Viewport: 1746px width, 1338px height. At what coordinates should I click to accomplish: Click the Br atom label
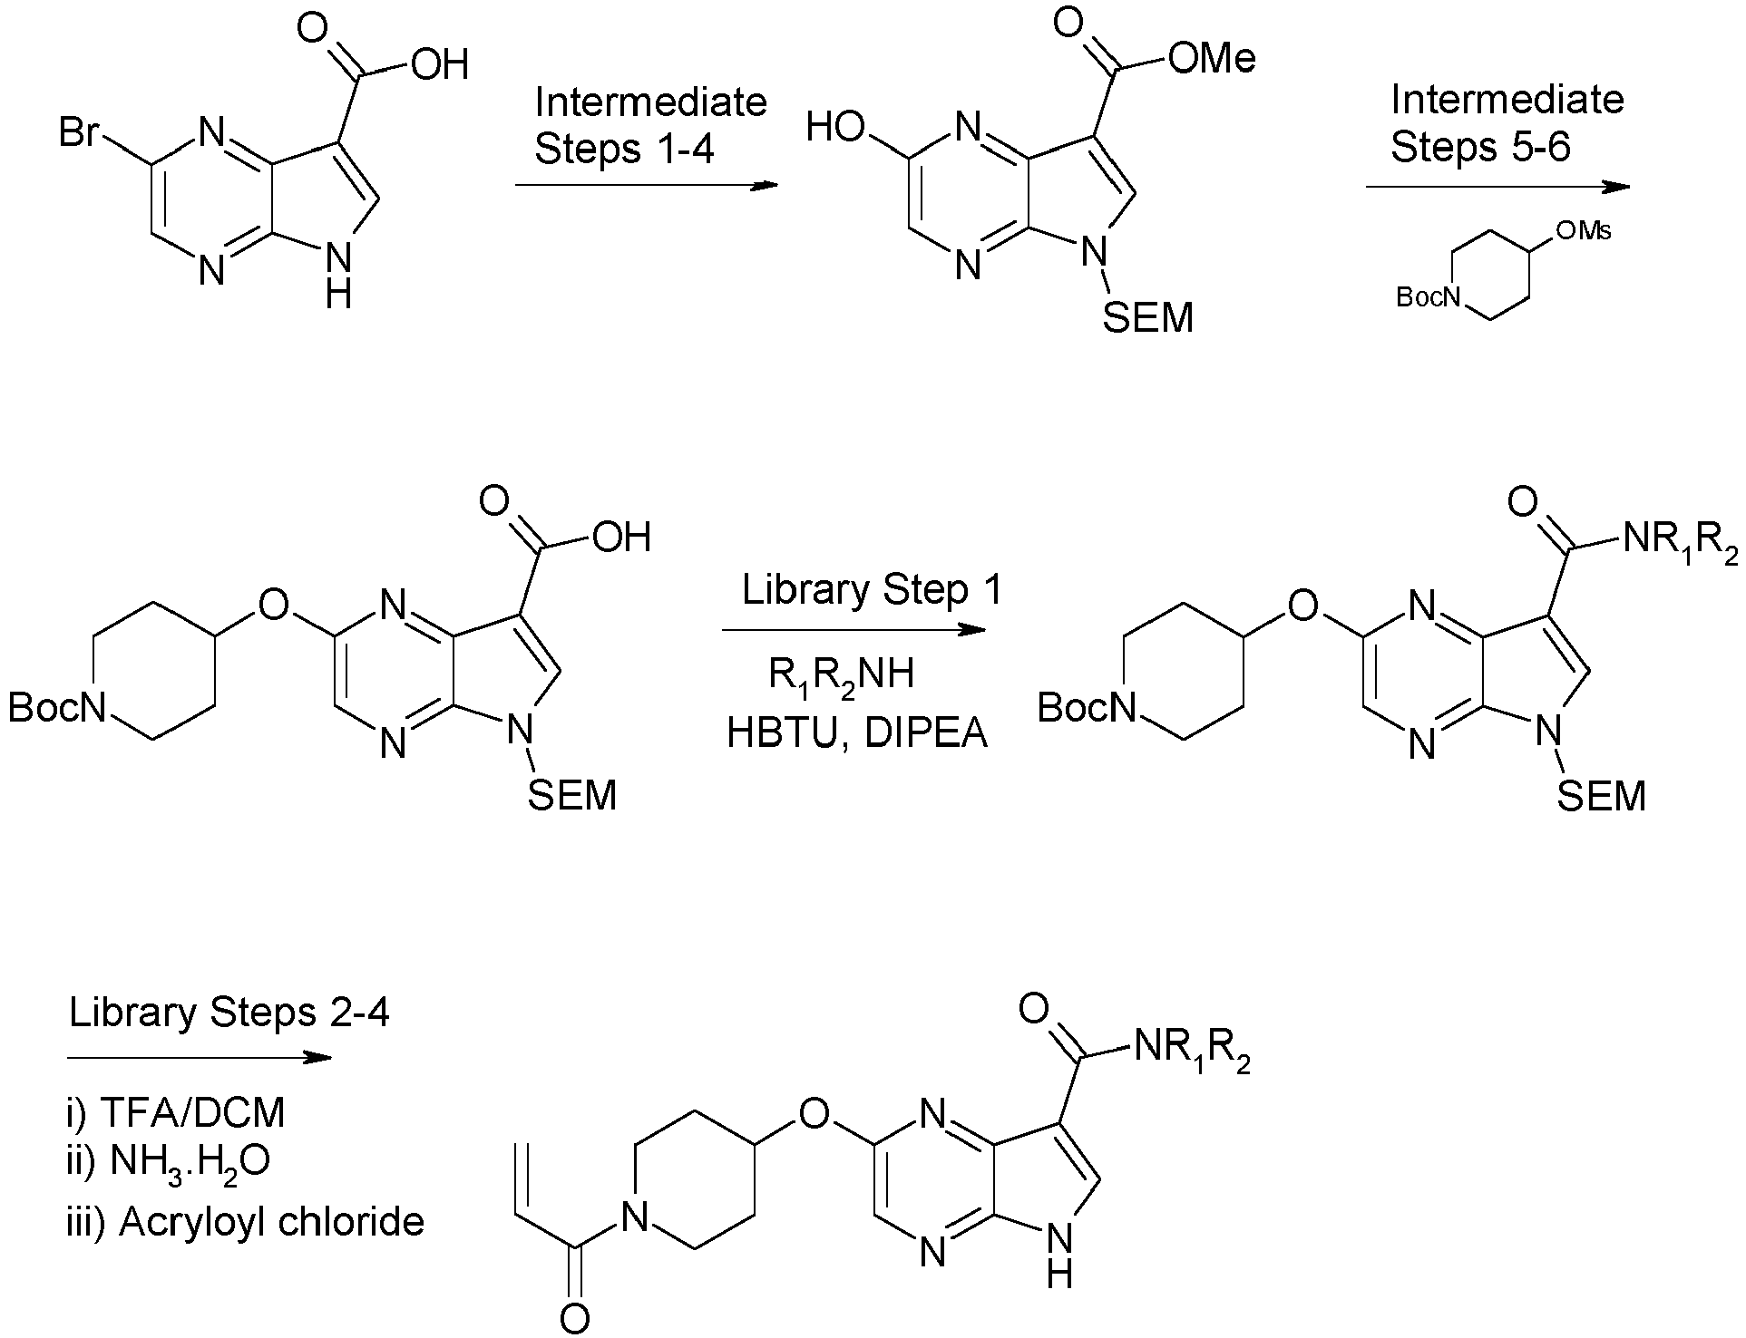[80, 134]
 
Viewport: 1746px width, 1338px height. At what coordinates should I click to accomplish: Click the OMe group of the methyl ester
[1212, 58]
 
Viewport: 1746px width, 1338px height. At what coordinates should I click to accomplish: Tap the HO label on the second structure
[836, 128]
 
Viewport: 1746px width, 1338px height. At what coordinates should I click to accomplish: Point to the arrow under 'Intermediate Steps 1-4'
[647, 186]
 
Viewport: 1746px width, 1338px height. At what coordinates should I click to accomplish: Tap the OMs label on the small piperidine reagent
[1584, 232]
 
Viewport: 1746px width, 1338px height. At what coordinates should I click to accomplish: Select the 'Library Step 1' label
[872, 591]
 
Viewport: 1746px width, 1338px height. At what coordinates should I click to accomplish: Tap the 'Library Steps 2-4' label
[229, 1013]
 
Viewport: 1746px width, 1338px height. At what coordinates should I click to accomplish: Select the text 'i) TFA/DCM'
[176, 1112]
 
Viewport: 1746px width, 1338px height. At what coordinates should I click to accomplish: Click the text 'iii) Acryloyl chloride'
[246, 1222]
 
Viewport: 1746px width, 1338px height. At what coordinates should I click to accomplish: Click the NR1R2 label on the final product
[1191, 1052]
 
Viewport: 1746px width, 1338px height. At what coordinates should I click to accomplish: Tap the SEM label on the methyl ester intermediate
[1148, 318]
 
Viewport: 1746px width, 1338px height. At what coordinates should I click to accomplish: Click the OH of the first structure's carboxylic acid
[440, 64]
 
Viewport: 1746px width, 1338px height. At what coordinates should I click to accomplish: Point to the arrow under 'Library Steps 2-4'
[200, 1057]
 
